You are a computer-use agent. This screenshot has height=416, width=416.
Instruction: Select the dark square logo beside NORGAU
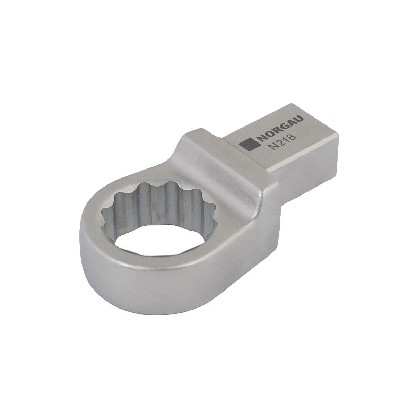(x=248, y=145)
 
